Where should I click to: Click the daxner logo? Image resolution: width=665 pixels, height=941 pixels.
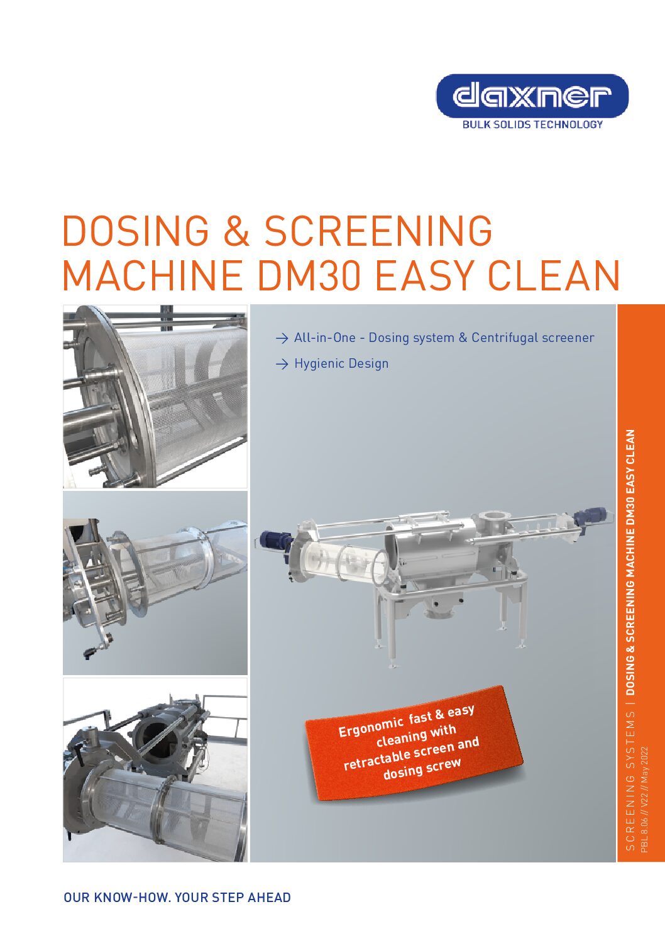[x=532, y=96]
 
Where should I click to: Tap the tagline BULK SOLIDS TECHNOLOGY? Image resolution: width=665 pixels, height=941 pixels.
[x=532, y=124]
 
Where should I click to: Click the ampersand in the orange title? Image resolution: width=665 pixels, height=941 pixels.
[x=236, y=231]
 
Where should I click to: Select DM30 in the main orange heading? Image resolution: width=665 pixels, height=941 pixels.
[x=310, y=275]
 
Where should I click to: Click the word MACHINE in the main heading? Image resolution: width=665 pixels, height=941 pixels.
[x=153, y=275]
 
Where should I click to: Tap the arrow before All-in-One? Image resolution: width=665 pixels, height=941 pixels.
[x=282, y=338]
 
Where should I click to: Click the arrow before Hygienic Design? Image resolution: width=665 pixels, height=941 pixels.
[x=282, y=364]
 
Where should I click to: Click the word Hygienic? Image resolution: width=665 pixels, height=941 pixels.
[x=318, y=364]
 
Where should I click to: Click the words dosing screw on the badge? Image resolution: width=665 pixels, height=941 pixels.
[x=422, y=769]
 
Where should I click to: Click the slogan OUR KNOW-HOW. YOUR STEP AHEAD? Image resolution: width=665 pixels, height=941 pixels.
[x=177, y=898]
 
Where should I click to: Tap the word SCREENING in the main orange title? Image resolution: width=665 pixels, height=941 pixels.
[x=378, y=231]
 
